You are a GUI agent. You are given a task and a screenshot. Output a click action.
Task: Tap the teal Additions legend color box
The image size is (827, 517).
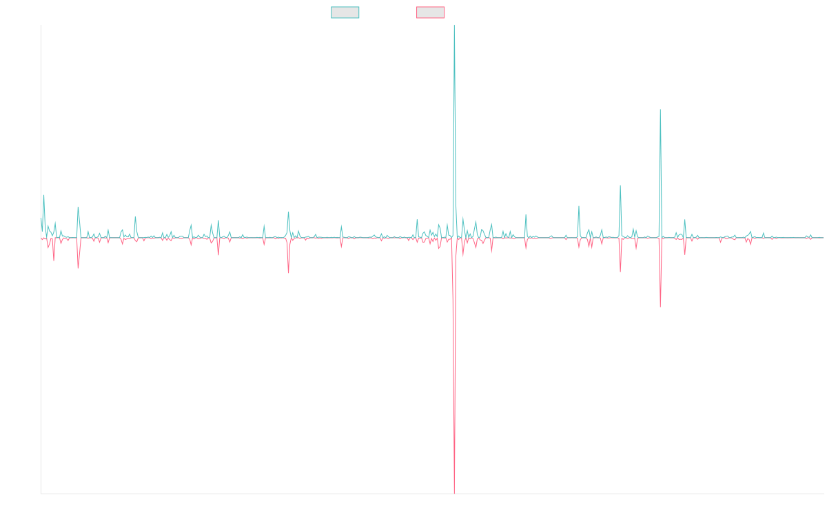point(345,12)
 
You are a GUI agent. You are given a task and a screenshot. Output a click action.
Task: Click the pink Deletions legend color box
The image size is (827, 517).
point(431,12)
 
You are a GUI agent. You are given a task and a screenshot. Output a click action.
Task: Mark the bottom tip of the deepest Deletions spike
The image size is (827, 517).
point(455,494)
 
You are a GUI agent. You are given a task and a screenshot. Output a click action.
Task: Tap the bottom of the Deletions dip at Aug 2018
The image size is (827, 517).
point(288,274)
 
